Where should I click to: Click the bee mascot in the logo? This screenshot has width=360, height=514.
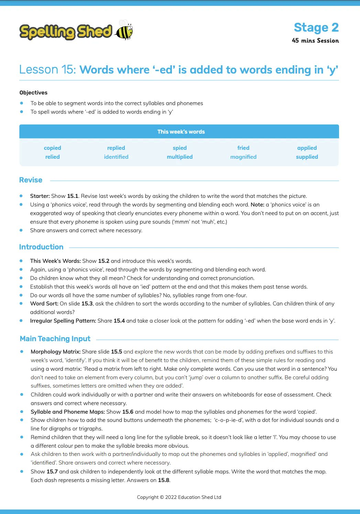click(x=124, y=30)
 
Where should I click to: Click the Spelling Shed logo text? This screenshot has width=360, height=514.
click(x=66, y=32)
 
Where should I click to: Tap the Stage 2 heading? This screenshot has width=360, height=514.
click(x=316, y=27)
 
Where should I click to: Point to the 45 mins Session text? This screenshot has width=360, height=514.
click(x=315, y=41)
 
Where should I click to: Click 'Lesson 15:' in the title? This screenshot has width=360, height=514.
click(x=47, y=70)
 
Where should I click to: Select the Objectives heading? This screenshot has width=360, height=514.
click(x=33, y=93)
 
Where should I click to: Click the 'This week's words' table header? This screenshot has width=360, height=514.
click(x=181, y=132)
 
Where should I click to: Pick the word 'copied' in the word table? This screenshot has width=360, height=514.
click(x=52, y=148)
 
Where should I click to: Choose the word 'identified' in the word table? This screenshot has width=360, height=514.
click(x=116, y=157)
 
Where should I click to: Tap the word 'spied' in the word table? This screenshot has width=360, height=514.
click(x=179, y=148)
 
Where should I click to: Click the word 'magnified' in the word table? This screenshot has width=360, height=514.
click(x=243, y=157)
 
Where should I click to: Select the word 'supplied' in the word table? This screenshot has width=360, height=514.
click(x=307, y=157)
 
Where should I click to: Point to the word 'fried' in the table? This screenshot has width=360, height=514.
click(x=243, y=148)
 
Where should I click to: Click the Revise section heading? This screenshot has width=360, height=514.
click(x=31, y=180)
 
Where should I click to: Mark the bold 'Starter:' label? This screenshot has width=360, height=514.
click(x=40, y=196)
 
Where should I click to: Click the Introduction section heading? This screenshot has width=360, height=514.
click(x=41, y=247)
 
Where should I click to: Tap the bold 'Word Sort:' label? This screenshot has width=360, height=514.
click(x=44, y=304)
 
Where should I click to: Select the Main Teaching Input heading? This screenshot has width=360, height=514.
click(x=55, y=339)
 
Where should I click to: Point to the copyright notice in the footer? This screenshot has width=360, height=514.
click(x=179, y=497)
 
